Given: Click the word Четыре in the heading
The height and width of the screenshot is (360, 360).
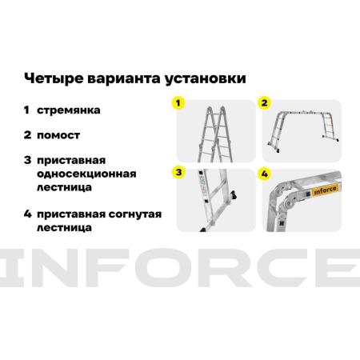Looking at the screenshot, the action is pyautogui.click(x=54, y=78).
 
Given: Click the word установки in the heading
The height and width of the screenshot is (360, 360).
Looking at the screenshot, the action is pyautogui.click(x=205, y=79).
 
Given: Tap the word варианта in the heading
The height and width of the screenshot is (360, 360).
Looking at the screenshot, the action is pyautogui.click(x=124, y=78).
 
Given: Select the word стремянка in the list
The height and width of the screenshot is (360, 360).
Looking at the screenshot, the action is pyautogui.click(x=69, y=110).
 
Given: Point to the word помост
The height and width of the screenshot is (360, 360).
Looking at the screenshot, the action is pyautogui.click(x=58, y=135).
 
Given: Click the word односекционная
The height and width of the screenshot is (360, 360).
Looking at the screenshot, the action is pyautogui.click(x=86, y=174).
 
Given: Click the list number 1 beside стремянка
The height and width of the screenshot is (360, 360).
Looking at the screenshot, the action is pyautogui.click(x=26, y=110).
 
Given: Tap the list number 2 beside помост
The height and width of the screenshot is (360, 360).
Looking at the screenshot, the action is pyautogui.click(x=27, y=135).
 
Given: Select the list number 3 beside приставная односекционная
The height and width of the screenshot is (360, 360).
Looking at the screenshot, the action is pyautogui.click(x=27, y=160).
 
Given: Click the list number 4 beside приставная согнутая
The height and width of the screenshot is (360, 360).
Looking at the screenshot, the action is pyautogui.click(x=28, y=214).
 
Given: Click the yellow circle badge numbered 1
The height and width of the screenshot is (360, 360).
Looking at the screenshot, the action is pyautogui.click(x=178, y=103).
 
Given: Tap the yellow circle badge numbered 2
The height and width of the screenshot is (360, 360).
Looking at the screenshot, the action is pyautogui.click(x=264, y=103).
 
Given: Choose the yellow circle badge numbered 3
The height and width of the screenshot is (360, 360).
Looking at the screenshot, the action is pyautogui.click(x=178, y=172).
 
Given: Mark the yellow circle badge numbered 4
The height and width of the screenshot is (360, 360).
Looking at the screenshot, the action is pyautogui.click(x=264, y=174).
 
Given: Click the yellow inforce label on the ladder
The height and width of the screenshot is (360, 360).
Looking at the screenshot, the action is pyautogui.click(x=325, y=190).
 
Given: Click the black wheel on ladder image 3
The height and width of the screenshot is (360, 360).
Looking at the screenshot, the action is pyautogui.click(x=234, y=195).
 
